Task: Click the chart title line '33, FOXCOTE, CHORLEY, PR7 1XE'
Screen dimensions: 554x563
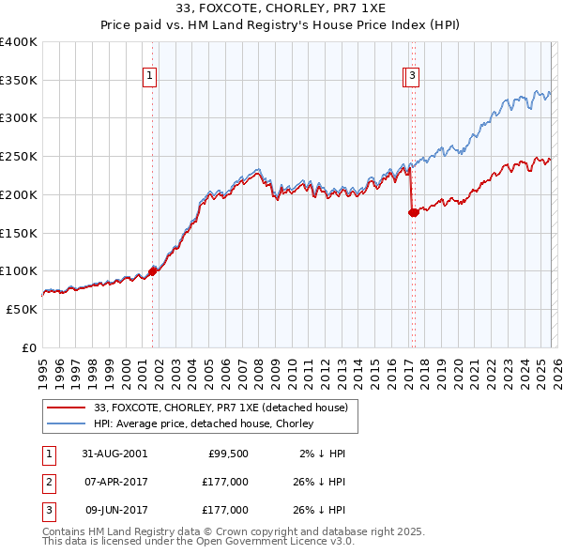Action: pyautogui.click(x=281, y=8)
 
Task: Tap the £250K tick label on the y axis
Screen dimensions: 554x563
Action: pyautogui.click(x=19, y=157)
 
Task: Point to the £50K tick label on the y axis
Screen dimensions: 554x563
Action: pyautogui.click(x=22, y=309)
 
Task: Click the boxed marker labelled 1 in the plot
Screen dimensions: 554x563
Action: pyautogui.click(x=150, y=79)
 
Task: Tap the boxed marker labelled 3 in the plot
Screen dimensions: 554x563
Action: pyautogui.click(x=413, y=79)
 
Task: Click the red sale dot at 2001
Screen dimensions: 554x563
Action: pyautogui.click(x=152, y=271)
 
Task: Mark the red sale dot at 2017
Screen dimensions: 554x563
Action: pyautogui.click(x=413, y=213)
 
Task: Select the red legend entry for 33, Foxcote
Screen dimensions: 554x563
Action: pyautogui.click(x=221, y=408)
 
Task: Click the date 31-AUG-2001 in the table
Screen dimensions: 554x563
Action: pyautogui.click(x=115, y=454)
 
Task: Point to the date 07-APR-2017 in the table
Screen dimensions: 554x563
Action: pyautogui.click(x=115, y=482)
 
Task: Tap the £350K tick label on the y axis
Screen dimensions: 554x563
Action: pyautogui.click(x=19, y=81)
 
